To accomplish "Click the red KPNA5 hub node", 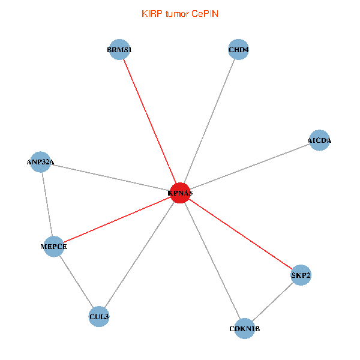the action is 180,193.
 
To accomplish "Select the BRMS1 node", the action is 119,50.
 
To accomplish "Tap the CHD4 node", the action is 239,50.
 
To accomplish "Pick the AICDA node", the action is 319,140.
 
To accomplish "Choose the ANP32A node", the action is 40,162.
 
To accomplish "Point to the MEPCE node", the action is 54,247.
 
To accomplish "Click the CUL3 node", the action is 99,317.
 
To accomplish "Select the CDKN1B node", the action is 245,329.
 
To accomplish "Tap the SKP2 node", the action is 301,275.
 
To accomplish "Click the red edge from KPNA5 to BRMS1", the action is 149,121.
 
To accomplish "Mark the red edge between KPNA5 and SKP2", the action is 241,234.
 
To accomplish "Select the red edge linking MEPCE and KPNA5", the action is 117,220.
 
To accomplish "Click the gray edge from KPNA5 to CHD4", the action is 209,121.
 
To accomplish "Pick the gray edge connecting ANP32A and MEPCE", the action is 47,205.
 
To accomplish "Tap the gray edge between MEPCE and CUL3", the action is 76,281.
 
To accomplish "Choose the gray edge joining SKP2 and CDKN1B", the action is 273,302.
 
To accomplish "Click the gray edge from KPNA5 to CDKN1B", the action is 212,261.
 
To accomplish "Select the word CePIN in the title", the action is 205,14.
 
